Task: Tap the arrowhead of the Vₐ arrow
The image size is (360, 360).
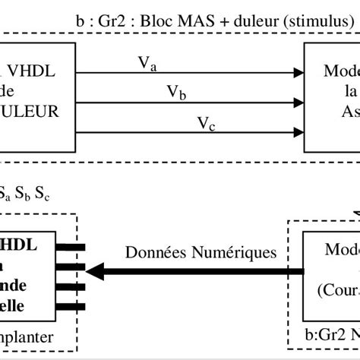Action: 298,74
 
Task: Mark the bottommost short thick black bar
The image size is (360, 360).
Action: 78,307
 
